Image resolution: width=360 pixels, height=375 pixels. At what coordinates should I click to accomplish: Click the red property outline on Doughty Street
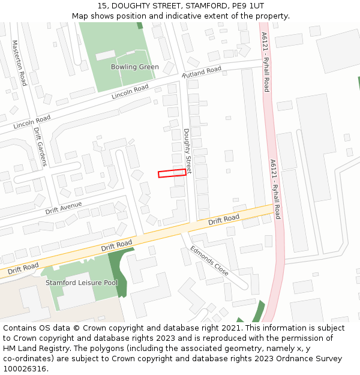click(172, 173)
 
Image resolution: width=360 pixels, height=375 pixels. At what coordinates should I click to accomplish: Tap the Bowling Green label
click(134, 67)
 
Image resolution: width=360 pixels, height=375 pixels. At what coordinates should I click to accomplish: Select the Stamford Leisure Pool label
click(82, 283)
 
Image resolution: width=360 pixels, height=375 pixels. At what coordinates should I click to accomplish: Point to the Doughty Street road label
click(187, 151)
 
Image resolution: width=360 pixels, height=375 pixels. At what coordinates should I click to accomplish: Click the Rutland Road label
click(202, 72)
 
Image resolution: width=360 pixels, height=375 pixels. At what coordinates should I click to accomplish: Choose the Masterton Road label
click(19, 63)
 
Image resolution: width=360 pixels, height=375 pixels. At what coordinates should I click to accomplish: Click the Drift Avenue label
click(64, 208)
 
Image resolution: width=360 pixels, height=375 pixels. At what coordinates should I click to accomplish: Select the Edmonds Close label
click(209, 260)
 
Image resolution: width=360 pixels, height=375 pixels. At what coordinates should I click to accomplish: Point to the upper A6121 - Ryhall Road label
click(265, 62)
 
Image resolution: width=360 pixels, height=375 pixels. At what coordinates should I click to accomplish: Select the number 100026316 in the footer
click(25, 369)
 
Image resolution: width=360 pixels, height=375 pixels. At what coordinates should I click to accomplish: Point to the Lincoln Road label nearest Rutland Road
click(130, 92)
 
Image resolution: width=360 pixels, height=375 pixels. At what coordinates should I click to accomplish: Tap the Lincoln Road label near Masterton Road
click(32, 122)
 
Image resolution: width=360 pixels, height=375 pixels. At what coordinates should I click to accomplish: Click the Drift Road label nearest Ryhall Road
click(224, 219)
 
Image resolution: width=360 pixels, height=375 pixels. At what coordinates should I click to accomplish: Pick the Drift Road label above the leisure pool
click(116, 245)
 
